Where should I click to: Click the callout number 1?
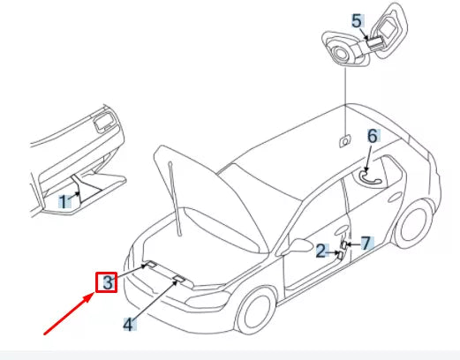point(64,202)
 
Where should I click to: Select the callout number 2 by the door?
point(321,251)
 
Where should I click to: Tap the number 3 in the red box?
point(107,282)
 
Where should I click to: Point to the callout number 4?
point(129,324)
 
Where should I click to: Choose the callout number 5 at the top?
point(357,19)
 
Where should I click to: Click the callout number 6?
point(373,136)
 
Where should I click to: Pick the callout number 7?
point(366,243)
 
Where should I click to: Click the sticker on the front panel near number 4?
point(179,278)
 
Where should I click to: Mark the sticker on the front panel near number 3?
point(149,264)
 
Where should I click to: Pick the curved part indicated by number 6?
point(370,175)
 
